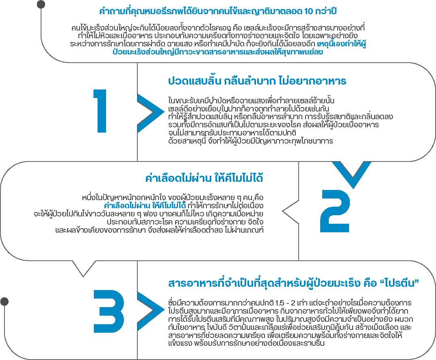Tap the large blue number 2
pyautogui.click(x=335, y=211)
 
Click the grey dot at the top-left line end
pyautogui.click(x=41, y=4)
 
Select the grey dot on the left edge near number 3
pyautogui.click(x=4, y=301)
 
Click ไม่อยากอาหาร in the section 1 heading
pyautogui.click(x=312, y=81)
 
